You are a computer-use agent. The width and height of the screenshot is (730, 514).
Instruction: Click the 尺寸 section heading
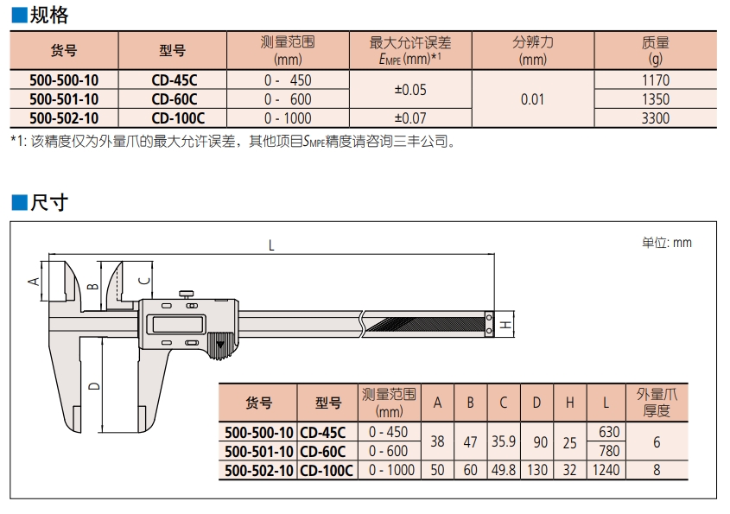(x=46, y=203)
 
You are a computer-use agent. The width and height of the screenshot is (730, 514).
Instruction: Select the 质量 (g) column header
(x=656, y=50)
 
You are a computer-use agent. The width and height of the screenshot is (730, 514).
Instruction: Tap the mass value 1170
(x=656, y=80)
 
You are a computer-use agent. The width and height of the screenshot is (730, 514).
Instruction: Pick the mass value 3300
(x=656, y=118)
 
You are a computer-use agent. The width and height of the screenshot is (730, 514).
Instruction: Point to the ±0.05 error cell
(x=409, y=89)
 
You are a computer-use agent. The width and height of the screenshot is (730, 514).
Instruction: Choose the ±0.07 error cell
(x=409, y=118)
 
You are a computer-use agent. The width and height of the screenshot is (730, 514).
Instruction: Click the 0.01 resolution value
(x=532, y=99)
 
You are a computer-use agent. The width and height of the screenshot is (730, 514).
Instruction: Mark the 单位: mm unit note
(x=666, y=243)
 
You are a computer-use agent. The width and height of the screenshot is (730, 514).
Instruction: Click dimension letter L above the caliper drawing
(x=270, y=246)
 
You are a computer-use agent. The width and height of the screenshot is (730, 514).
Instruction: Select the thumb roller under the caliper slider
(x=219, y=346)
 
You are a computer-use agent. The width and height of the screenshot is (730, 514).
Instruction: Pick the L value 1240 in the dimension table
(x=606, y=470)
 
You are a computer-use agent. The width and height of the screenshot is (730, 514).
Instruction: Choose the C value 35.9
(x=503, y=441)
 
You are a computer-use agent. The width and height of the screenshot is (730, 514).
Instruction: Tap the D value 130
(x=539, y=470)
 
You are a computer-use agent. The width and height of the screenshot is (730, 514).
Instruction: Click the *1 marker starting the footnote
(x=18, y=141)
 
